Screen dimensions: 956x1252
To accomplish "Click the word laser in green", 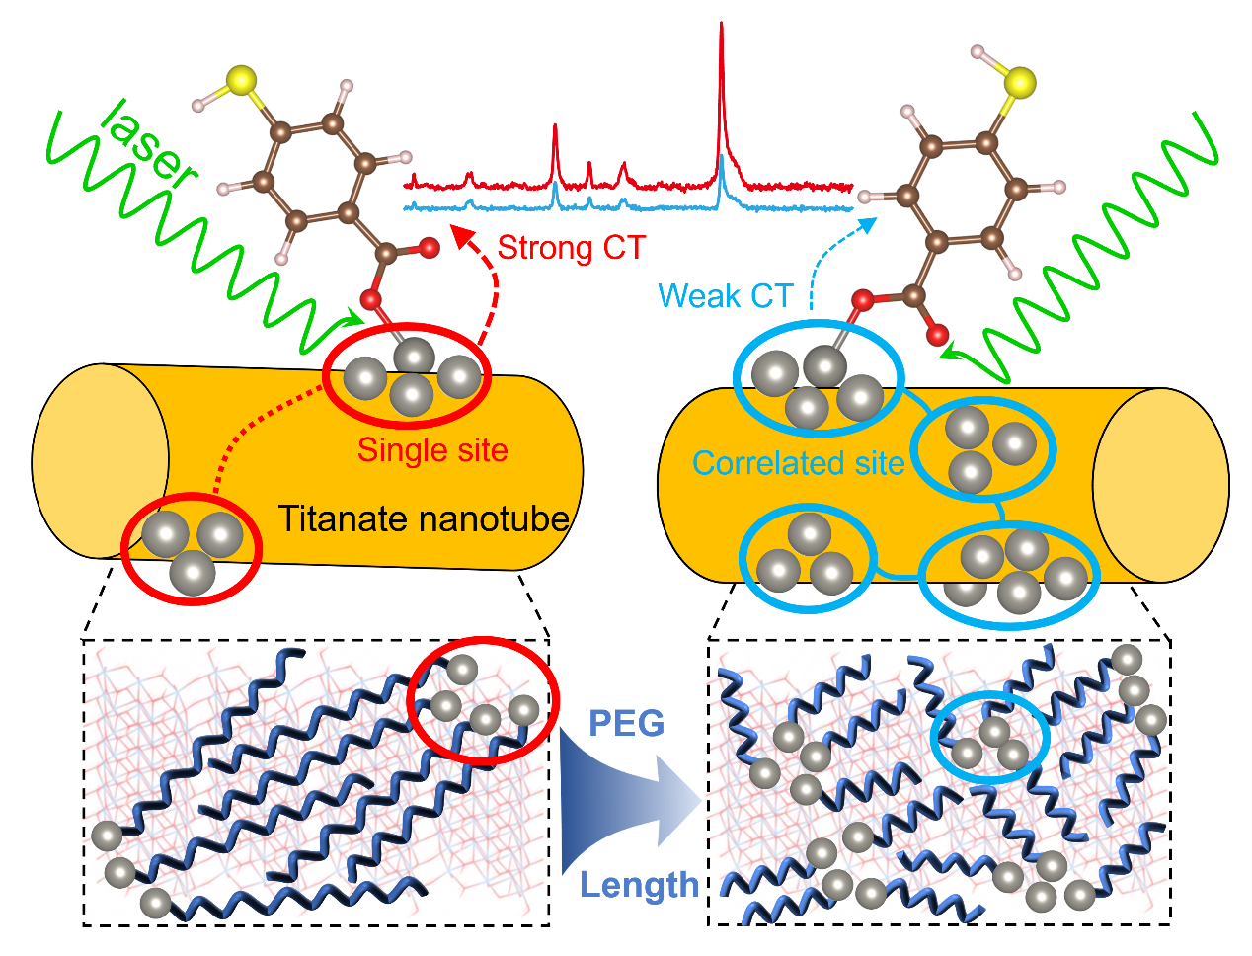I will click(x=149, y=143).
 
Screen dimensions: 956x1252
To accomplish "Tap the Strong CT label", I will click(x=571, y=247).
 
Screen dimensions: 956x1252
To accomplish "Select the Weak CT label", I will click(x=725, y=295).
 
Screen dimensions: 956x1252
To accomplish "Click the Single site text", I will click(x=432, y=450).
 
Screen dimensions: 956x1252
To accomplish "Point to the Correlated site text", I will click(x=798, y=463).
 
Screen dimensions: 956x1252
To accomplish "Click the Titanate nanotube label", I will click(x=424, y=518).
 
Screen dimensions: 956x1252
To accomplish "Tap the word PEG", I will click(x=626, y=724).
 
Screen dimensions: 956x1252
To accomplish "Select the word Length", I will click(x=639, y=885).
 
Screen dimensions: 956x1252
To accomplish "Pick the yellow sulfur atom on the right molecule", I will click(x=1020, y=82).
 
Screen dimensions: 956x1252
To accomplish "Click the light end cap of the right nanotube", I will click(x=1160, y=484).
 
